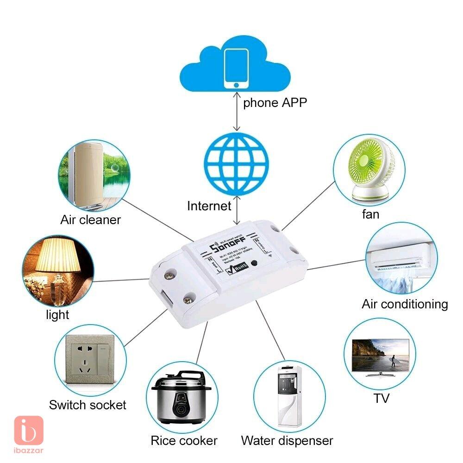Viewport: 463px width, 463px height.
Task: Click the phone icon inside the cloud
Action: point(236,68)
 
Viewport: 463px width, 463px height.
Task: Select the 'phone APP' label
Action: point(275,102)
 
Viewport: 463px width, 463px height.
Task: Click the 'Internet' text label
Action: point(209,206)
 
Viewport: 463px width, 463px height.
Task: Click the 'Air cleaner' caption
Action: point(90,219)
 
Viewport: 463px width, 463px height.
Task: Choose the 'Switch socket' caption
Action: point(88,405)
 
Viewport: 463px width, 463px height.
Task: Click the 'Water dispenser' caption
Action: point(287,440)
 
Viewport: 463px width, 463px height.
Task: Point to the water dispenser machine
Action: point(289,397)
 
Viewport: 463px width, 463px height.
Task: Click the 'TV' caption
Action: point(382,398)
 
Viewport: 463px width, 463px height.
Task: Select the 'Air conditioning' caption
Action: point(405,304)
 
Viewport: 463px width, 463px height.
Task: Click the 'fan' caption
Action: point(370,214)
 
